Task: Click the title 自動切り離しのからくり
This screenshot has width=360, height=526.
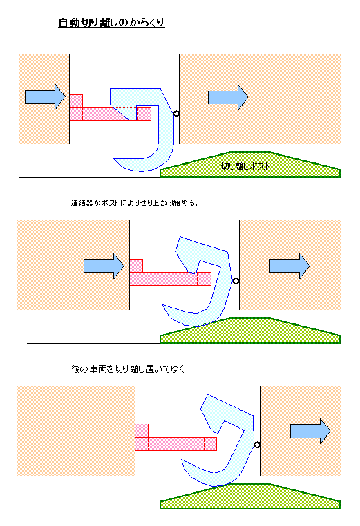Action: click(111, 23)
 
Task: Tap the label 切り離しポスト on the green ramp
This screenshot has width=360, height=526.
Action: click(245, 167)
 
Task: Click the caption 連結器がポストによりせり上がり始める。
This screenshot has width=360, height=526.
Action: click(135, 203)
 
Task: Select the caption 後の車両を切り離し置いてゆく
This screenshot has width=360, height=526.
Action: click(128, 368)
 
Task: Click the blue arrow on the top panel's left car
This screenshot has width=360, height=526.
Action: click(45, 97)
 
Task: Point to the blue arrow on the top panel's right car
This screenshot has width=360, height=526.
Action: click(228, 97)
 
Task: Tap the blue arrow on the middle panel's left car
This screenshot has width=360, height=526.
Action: click(104, 266)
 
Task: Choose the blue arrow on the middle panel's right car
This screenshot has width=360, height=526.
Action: click(290, 266)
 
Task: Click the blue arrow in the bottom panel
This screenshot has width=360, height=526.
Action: click(310, 431)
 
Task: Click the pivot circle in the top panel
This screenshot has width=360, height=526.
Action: click(176, 114)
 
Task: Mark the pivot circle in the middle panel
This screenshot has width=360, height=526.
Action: click(236, 281)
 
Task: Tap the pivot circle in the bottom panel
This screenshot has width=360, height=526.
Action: click(257, 445)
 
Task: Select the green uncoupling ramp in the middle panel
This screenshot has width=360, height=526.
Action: click(250, 330)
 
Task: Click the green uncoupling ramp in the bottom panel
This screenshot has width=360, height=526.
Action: click(250, 496)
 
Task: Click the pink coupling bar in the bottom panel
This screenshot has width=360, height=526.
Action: click(176, 444)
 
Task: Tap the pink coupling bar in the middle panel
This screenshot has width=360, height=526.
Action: click(171, 279)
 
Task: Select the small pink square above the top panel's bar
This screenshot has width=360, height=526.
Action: click(76, 101)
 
